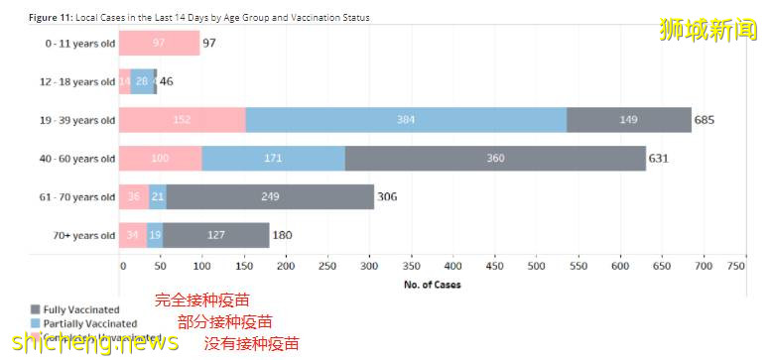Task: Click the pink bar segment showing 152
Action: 183,120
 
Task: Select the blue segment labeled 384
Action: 406,120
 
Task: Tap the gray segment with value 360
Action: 495,158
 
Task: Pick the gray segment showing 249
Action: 270,196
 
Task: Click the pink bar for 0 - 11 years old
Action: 159,43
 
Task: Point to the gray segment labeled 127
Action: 215,235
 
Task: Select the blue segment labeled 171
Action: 273,158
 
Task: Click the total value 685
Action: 705,120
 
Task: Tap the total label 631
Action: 659,158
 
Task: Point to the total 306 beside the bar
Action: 387,196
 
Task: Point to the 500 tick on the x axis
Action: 536,266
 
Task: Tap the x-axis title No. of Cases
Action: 433,285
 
